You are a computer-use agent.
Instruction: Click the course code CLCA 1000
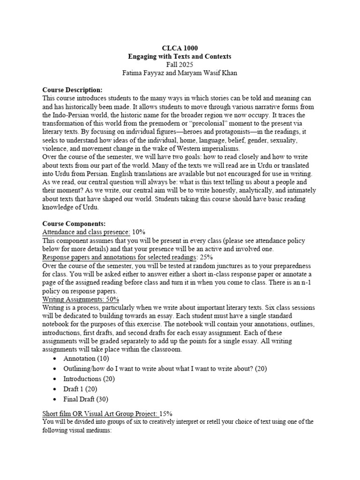coord(180,48)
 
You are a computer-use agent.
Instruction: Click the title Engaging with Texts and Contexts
coord(180,56)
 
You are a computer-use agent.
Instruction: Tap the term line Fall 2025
coord(180,65)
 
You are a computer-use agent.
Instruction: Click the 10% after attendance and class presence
coord(139,232)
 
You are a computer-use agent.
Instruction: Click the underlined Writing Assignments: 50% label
coord(81,299)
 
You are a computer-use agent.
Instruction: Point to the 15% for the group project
coord(166,413)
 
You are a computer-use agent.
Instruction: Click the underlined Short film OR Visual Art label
coord(100,413)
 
